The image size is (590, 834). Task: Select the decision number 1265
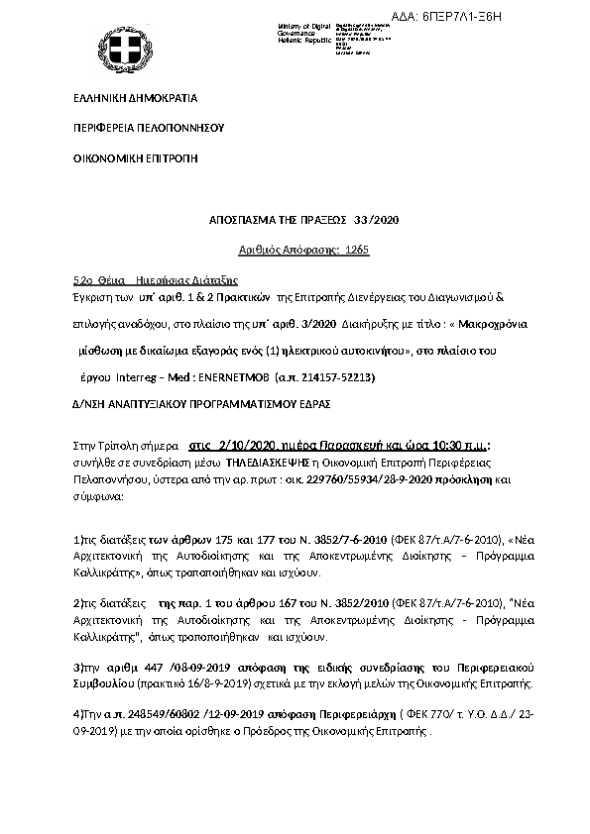pos(357,251)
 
